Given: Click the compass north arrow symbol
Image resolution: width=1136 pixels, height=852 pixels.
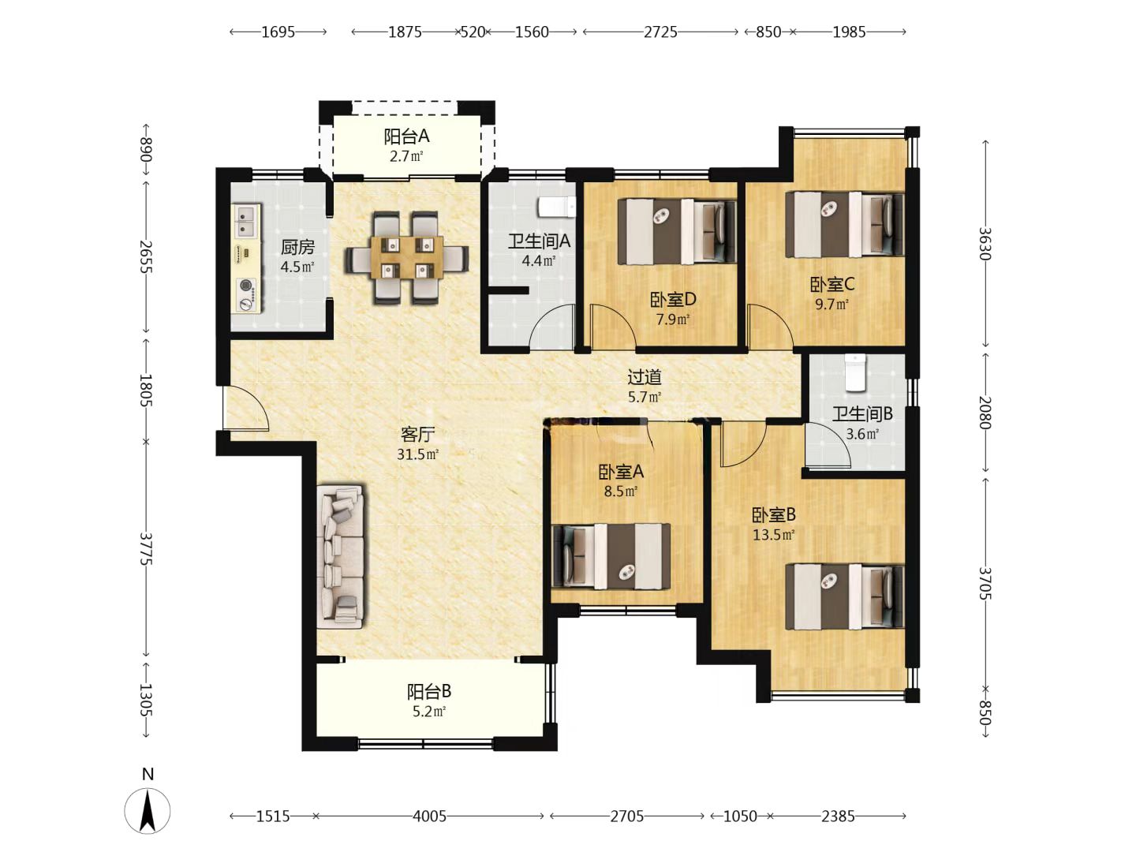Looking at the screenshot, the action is [148, 811].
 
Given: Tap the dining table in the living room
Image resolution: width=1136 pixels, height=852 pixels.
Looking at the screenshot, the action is [407, 257].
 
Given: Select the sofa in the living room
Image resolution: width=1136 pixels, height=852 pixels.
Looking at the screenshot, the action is [340, 556].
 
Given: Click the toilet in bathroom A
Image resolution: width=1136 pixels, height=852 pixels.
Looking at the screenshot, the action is [556, 207].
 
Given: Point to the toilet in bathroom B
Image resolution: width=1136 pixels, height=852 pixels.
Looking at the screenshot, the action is [855, 372].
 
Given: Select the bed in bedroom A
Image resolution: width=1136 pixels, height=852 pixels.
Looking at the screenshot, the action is [611, 556].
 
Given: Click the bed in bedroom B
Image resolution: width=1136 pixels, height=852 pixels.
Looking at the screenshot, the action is [845, 596].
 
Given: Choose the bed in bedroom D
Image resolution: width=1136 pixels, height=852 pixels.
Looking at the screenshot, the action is [677, 231].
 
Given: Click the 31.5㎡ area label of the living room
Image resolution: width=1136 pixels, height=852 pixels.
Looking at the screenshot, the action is [417, 454].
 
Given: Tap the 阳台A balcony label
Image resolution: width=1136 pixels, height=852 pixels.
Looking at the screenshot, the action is [406, 136].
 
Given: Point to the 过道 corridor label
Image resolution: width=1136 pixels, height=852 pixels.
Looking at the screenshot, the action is [645, 377].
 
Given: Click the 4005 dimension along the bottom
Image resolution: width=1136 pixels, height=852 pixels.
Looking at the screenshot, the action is [430, 816].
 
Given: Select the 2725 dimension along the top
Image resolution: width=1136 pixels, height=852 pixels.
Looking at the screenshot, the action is [660, 32].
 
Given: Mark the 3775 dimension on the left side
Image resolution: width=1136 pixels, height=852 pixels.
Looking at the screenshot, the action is [146, 549].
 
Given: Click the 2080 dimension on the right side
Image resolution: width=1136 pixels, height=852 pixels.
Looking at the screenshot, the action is [985, 413].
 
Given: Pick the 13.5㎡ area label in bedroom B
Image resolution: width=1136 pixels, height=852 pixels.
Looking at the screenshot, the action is [773, 534].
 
